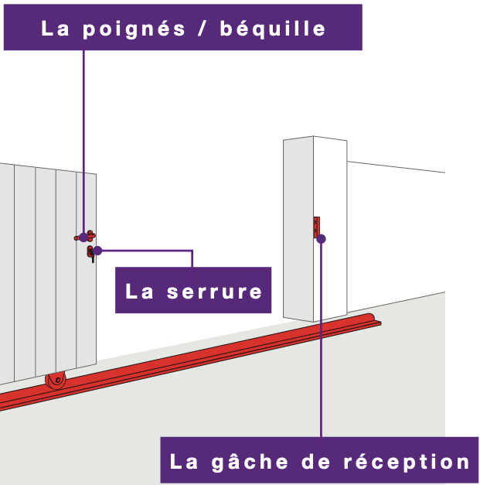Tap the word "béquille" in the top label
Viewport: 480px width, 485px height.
[273, 29]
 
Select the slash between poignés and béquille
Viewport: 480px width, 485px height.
[203, 29]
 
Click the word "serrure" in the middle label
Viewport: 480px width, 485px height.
[214, 292]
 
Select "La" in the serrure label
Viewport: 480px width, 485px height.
[141, 292]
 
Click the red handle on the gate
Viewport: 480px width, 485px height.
[90, 235]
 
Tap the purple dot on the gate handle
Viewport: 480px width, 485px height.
[83, 237]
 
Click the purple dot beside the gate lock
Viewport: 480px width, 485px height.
[97, 251]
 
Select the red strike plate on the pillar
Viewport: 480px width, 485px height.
[316, 227]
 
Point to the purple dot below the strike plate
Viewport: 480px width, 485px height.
[321, 239]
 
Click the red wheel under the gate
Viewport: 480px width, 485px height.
[56, 380]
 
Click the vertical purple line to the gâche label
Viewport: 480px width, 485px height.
[321, 348]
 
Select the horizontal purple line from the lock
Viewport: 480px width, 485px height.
[147, 251]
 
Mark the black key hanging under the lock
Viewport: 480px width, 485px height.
[93, 258]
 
